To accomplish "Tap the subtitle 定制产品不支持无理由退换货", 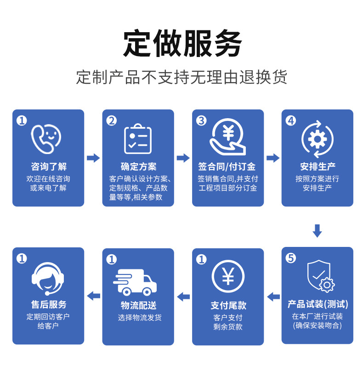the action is [x=181, y=77].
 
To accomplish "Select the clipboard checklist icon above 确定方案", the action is [x=138, y=139].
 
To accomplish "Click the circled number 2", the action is [x=112, y=120].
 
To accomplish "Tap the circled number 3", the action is [x=201, y=120].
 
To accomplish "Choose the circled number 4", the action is [x=291, y=120].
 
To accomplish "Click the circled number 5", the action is [x=291, y=258].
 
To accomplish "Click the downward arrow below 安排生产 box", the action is [x=317, y=231].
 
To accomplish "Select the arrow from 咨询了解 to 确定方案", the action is [x=93, y=158].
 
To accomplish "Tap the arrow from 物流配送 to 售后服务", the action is [x=93, y=296].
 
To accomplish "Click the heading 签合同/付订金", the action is [x=227, y=166].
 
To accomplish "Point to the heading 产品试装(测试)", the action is [x=318, y=304].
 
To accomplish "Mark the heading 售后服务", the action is [x=48, y=304].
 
